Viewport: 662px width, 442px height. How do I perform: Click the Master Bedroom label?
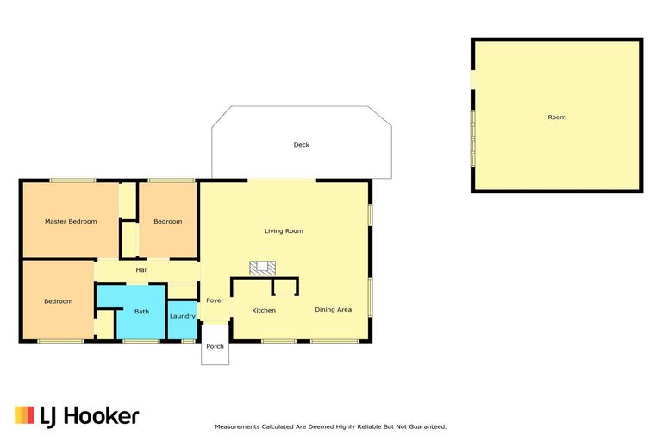pyautogui.click(x=71, y=222)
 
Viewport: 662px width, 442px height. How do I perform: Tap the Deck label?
pyautogui.click(x=301, y=145)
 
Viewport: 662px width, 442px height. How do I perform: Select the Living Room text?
pyautogui.click(x=284, y=231)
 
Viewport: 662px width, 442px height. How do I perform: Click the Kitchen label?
pyautogui.click(x=263, y=310)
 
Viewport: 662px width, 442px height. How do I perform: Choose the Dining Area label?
pyautogui.click(x=333, y=310)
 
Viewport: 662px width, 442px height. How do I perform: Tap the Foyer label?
pyautogui.click(x=215, y=301)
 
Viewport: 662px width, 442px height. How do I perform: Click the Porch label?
pyautogui.click(x=215, y=347)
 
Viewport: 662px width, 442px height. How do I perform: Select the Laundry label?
pyautogui.click(x=182, y=316)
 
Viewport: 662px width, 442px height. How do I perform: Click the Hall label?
pyautogui.click(x=142, y=270)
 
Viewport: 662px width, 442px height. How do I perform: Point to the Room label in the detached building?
pyautogui.click(x=557, y=117)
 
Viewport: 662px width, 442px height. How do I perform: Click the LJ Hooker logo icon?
pyautogui.click(x=24, y=415)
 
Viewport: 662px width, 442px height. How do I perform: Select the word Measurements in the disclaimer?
pyautogui.click(x=236, y=426)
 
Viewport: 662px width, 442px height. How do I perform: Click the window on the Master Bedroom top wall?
pyautogui.click(x=72, y=180)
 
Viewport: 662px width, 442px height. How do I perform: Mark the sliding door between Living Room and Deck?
pyautogui.click(x=282, y=180)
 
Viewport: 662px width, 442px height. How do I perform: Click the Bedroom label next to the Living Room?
pyautogui.click(x=168, y=222)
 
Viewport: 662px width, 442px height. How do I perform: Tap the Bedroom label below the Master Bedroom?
pyautogui.click(x=59, y=301)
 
